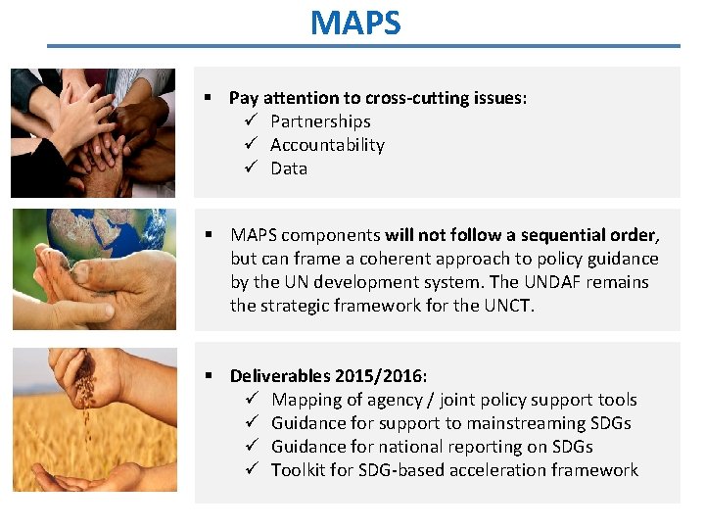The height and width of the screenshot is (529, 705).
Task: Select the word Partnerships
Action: click(320, 121)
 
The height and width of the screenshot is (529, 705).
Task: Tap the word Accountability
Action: click(327, 145)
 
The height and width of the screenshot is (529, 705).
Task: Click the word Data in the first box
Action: click(289, 168)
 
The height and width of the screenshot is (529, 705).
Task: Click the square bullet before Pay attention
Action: click(209, 98)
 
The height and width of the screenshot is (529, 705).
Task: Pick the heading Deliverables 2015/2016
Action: click(328, 376)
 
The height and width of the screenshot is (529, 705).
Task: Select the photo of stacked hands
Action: click(93, 132)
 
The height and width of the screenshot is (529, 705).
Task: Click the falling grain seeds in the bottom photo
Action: click(85, 411)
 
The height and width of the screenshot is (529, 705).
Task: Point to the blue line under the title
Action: click(362, 45)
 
